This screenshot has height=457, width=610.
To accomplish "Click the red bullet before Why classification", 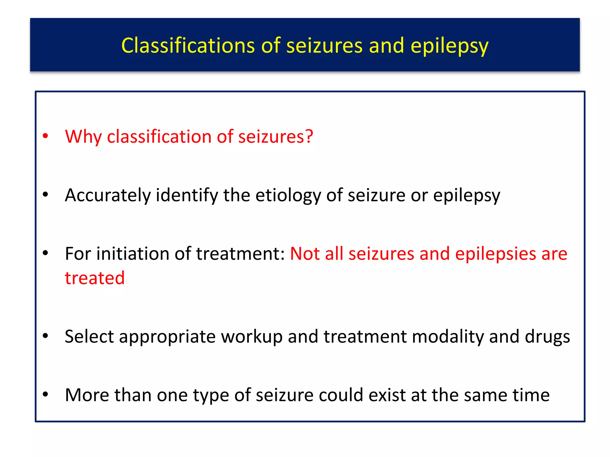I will (46, 136).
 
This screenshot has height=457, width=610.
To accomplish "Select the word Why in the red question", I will (83, 137).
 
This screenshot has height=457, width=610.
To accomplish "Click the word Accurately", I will (108, 195).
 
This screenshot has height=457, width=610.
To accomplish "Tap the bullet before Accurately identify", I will (46, 195).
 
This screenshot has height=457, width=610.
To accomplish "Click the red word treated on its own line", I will (95, 278).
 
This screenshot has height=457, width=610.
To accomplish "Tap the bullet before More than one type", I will (46, 395).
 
